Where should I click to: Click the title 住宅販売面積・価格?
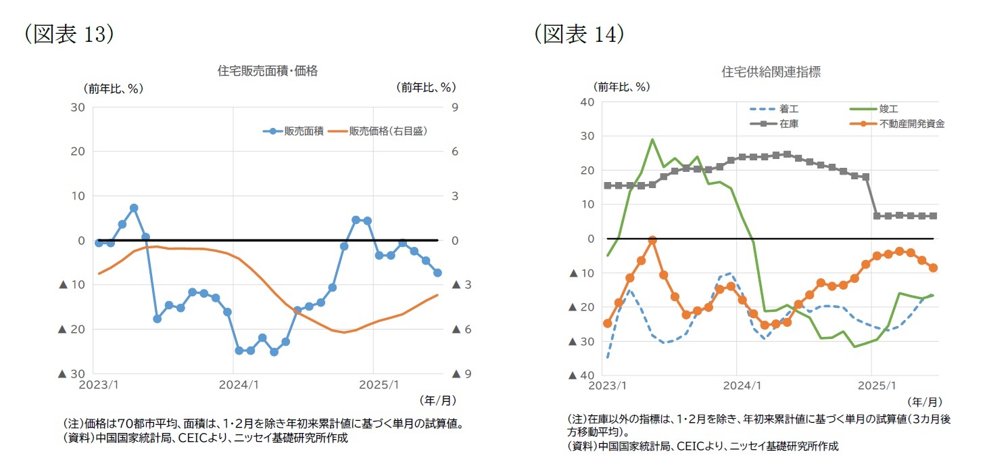(x=267, y=71)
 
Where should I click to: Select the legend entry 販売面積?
(x=303, y=131)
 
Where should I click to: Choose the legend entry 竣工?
(x=888, y=109)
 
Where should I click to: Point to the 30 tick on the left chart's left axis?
(x=77, y=107)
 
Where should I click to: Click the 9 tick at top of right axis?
(x=455, y=107)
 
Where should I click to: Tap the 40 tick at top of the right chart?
(x=587, y=102)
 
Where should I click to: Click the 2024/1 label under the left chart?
(x=233, y=384)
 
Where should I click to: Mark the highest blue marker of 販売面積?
(x=134, y=208)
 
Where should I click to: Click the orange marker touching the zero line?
(x=652, y=240)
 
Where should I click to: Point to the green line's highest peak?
(x=652, y=139)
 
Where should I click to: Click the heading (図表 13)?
(x=68, y=35)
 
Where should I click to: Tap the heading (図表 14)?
(x=579, y=35)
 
